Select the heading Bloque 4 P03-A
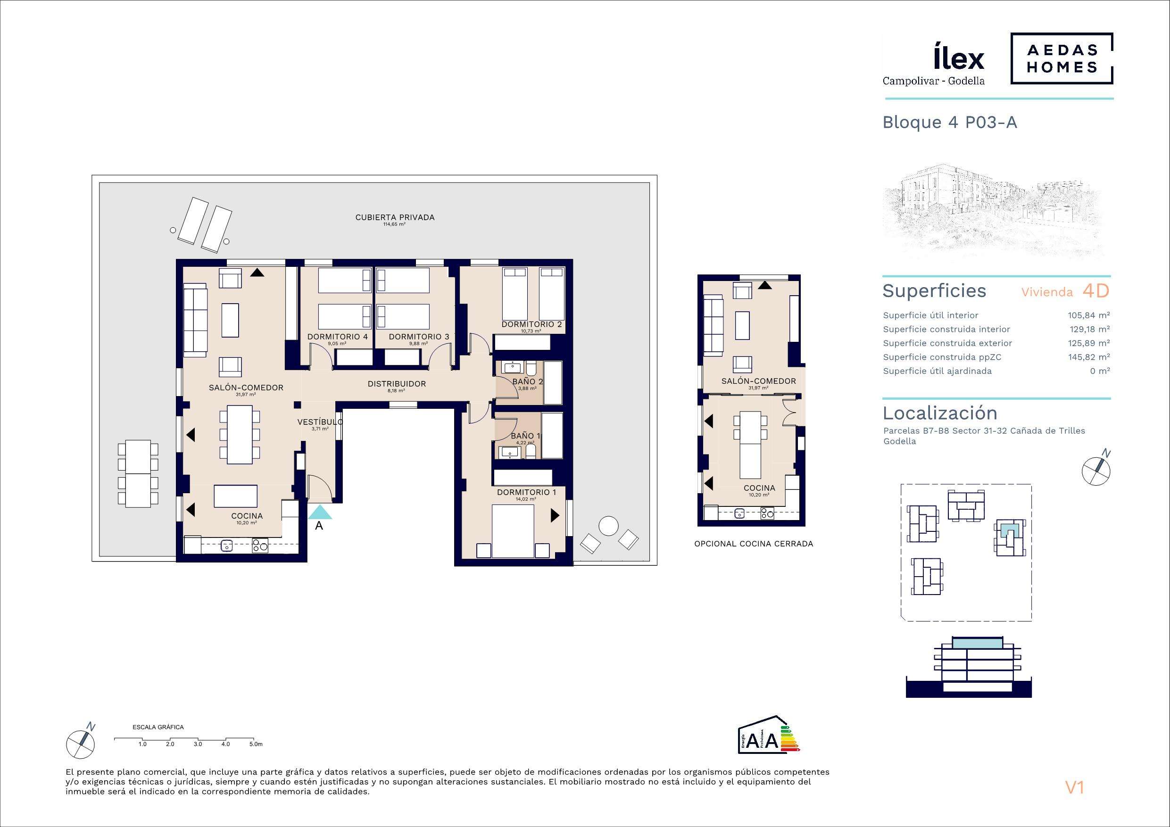point(950,122)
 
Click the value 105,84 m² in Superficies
point(1089,315)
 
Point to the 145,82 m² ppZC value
point(1089,357)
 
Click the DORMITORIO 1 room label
point(526,492)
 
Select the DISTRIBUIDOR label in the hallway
point(397,384)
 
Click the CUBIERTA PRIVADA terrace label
point(395,217)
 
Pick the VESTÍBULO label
point(320,422)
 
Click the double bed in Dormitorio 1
point(513,530)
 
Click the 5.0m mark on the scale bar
point(256,744)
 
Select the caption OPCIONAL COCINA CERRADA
point(754,544)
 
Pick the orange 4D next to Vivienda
point(1095,291)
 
